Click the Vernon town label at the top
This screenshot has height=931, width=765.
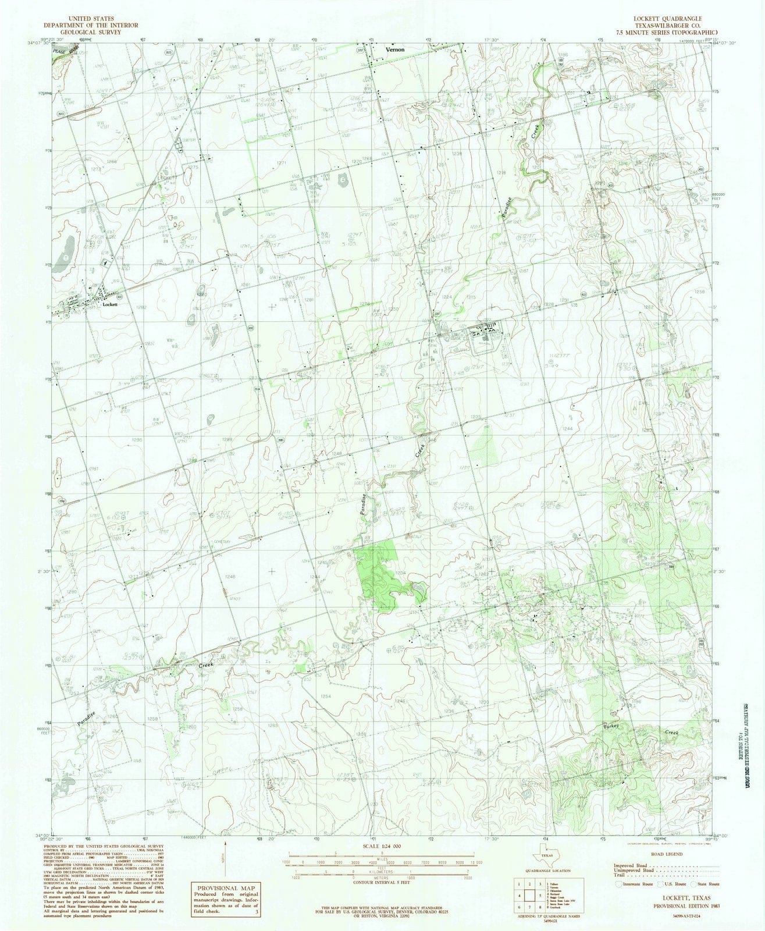[394, 50]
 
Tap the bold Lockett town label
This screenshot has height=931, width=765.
[109, 304]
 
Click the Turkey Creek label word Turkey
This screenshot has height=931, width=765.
[613, 727]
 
